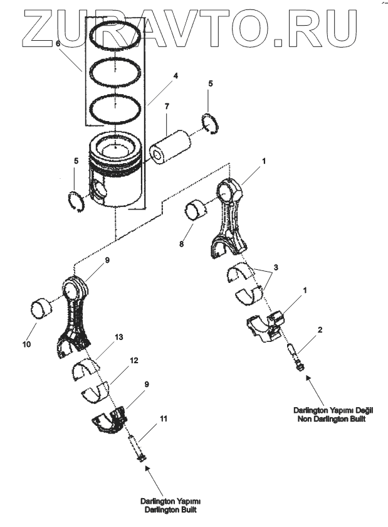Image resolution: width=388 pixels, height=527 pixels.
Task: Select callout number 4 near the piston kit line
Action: [176, 76]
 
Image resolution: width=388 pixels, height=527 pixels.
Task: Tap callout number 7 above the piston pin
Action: [167, 108]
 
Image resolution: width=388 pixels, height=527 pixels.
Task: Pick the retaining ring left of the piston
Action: [75, 201]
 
